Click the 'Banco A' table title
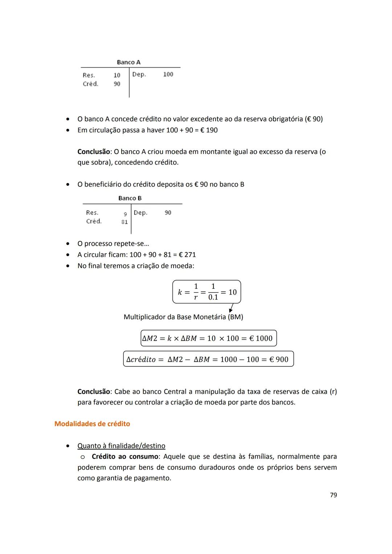click(x=128, y=62)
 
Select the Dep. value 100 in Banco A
click(x=168, y=74)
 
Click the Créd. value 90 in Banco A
click(x=117, y=84)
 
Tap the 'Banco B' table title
click(x=130, y=198)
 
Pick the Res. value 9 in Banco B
click(x=125, y=214)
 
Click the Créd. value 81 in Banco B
click(x=124, y=222)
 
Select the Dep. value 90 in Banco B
click(x=168, y=213)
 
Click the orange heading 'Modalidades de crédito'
click(x=92, y=424)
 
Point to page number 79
click(x=333, y=495)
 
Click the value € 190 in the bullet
click(x=209, y=130)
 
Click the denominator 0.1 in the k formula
click(x=213, y=297)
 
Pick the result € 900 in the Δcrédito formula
click(x=279, y=360)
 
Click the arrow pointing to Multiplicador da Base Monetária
click(x=231, y=308)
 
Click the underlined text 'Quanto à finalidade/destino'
click(x=121, y=446)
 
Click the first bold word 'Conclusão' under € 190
click(x=94, y=152)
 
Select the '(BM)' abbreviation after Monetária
click(x=235, y=317)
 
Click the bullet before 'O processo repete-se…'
click(x=68, y=244)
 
